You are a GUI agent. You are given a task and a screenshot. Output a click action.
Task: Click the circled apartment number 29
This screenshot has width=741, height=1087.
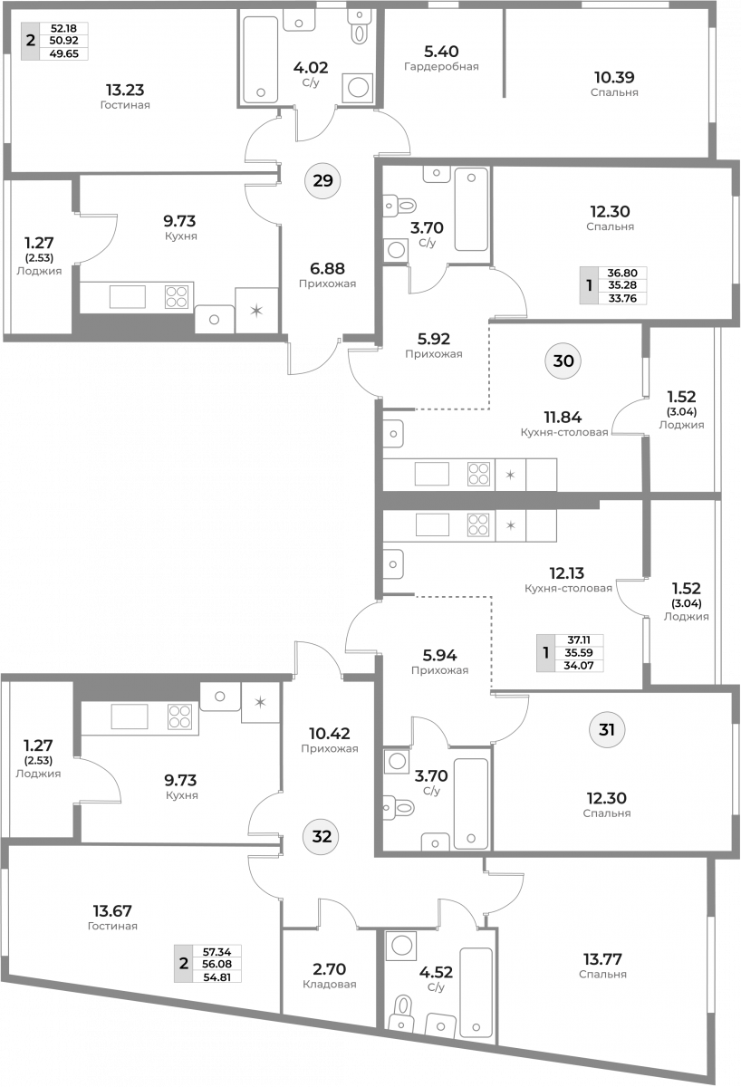pos(322,180)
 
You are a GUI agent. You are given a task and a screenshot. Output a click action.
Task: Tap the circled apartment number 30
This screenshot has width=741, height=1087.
pos(563,361)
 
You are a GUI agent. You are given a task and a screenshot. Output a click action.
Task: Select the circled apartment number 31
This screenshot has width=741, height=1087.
pos(607,729)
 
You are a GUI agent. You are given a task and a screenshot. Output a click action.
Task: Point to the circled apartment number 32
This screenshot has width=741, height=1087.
pos(322,837)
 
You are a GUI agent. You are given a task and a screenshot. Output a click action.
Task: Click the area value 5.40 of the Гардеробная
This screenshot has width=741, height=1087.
pos(441,51)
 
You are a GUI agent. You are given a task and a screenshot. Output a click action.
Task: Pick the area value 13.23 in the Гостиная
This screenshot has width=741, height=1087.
pos(125,90)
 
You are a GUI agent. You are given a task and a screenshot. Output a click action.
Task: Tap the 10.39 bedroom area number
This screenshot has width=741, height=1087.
pos(614,77)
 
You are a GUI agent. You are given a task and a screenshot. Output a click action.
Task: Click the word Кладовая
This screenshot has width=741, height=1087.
pos(330,984)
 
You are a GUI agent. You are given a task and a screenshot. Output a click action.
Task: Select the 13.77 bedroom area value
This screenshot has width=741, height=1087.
pos(602,959)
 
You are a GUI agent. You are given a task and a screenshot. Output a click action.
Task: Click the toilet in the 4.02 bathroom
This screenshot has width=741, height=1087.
pos(359,28)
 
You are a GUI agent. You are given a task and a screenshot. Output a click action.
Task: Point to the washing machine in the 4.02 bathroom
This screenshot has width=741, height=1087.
pos(358,88)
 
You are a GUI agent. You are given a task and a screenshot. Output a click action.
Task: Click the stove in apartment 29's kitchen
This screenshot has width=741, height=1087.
pos(176,297)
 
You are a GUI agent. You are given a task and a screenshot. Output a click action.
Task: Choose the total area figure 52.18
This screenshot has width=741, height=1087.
pos(63,28)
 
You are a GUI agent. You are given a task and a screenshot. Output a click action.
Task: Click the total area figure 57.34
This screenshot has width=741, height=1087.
pos(217,952)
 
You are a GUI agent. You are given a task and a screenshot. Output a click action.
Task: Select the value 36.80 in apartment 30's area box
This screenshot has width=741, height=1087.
pos(622,273)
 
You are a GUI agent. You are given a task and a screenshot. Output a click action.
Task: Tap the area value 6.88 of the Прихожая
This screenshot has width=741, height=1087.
pos(328,268)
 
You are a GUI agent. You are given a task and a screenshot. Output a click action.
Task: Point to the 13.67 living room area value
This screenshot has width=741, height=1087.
pos(112,910)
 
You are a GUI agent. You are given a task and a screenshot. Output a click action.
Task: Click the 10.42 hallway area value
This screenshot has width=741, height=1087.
pos(330,733)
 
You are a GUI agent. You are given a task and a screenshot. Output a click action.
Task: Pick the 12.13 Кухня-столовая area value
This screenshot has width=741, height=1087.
pos(567,573)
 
